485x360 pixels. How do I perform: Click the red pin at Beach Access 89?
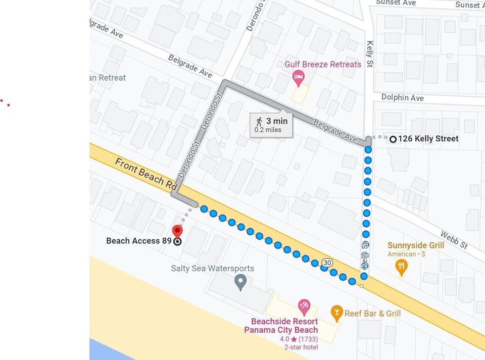tap(177, 231)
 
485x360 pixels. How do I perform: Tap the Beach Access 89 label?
tap(139, 241)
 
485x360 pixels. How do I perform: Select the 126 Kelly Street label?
tap(428, 138)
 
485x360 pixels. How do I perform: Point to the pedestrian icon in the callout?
tap(259, 121)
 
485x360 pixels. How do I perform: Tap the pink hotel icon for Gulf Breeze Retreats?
tap(299, 78)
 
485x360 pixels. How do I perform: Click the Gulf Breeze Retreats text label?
tap(323, 64)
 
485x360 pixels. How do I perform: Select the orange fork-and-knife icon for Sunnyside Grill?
tap(401, 267)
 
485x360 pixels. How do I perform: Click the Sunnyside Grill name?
tap(416, 245)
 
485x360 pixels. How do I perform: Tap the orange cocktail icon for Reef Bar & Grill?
tap(336, 313)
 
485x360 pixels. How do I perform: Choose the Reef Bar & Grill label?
tap(372, 314)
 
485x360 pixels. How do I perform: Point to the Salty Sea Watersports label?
tap(212, 269)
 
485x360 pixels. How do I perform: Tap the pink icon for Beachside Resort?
tap(304, 306)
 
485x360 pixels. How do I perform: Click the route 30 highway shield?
tap(327, 263)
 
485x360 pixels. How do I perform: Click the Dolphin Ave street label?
tap(402, 97)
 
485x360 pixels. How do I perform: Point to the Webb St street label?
tap(454, 240)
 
